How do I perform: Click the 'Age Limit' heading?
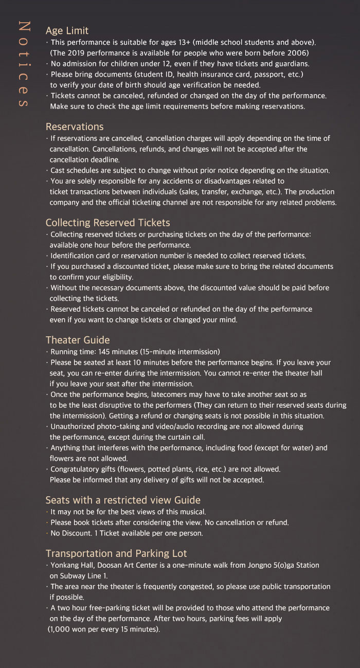pos(67,31)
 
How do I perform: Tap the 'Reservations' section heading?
pos(75,127)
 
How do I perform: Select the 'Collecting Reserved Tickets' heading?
pos(107,223)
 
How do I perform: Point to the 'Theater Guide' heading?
pos(78,340)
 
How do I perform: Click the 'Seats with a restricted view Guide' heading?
pos(123,500)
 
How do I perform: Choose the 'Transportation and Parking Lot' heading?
pos(116,553)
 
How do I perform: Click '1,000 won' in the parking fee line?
pos(68,629)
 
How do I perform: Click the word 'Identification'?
pos(73,256)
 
